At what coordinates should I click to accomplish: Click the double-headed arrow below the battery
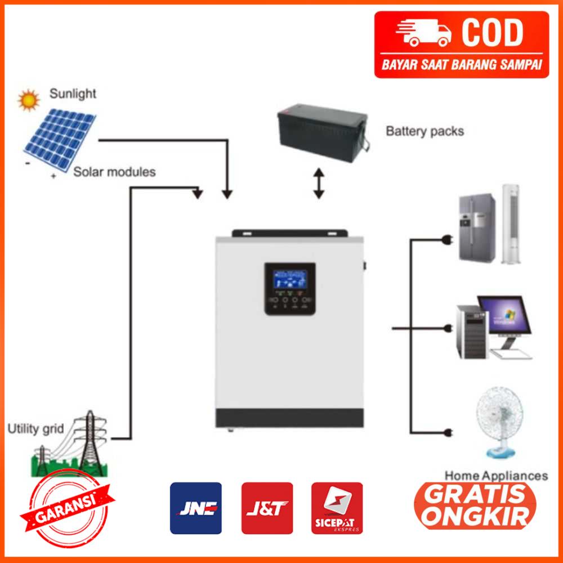319,183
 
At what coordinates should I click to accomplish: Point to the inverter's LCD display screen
286,280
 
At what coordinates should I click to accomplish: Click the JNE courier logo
195,508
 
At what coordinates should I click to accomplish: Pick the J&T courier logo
267,508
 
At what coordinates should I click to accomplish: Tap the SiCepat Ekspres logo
337,508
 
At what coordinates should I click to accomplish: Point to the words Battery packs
425,131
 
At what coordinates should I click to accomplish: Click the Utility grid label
35,430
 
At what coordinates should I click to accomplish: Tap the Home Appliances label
496,476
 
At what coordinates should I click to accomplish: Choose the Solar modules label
114,172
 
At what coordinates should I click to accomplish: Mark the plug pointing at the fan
449,432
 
